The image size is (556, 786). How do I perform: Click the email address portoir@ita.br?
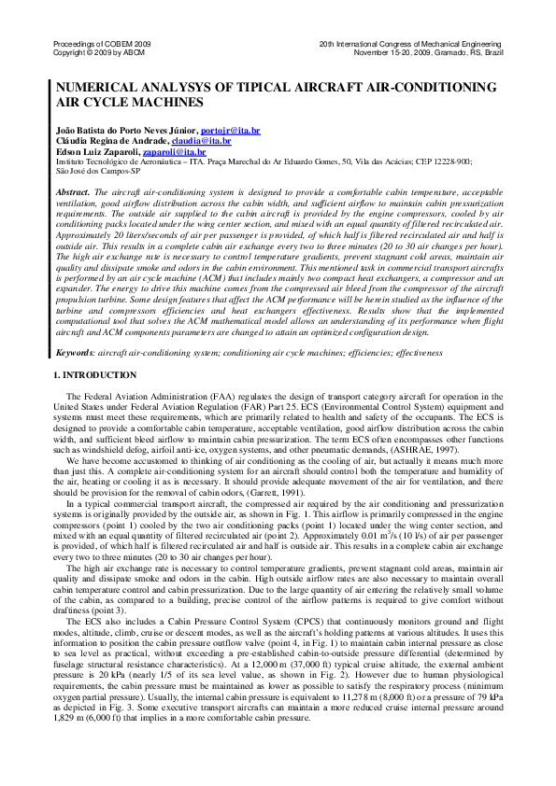(x=230, y=131)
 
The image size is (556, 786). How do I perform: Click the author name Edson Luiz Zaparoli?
(x=100, y=150)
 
